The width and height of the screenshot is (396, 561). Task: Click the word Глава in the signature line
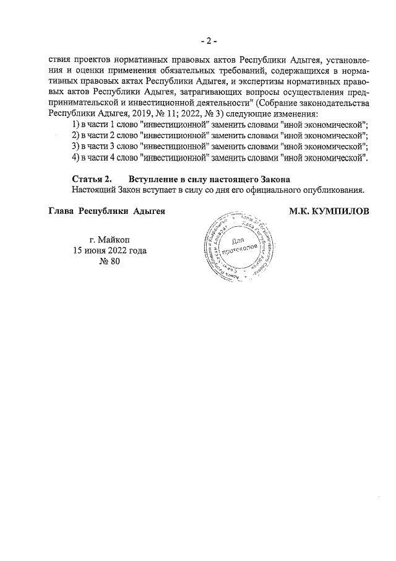pyautogui.click(x=62, y=211)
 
